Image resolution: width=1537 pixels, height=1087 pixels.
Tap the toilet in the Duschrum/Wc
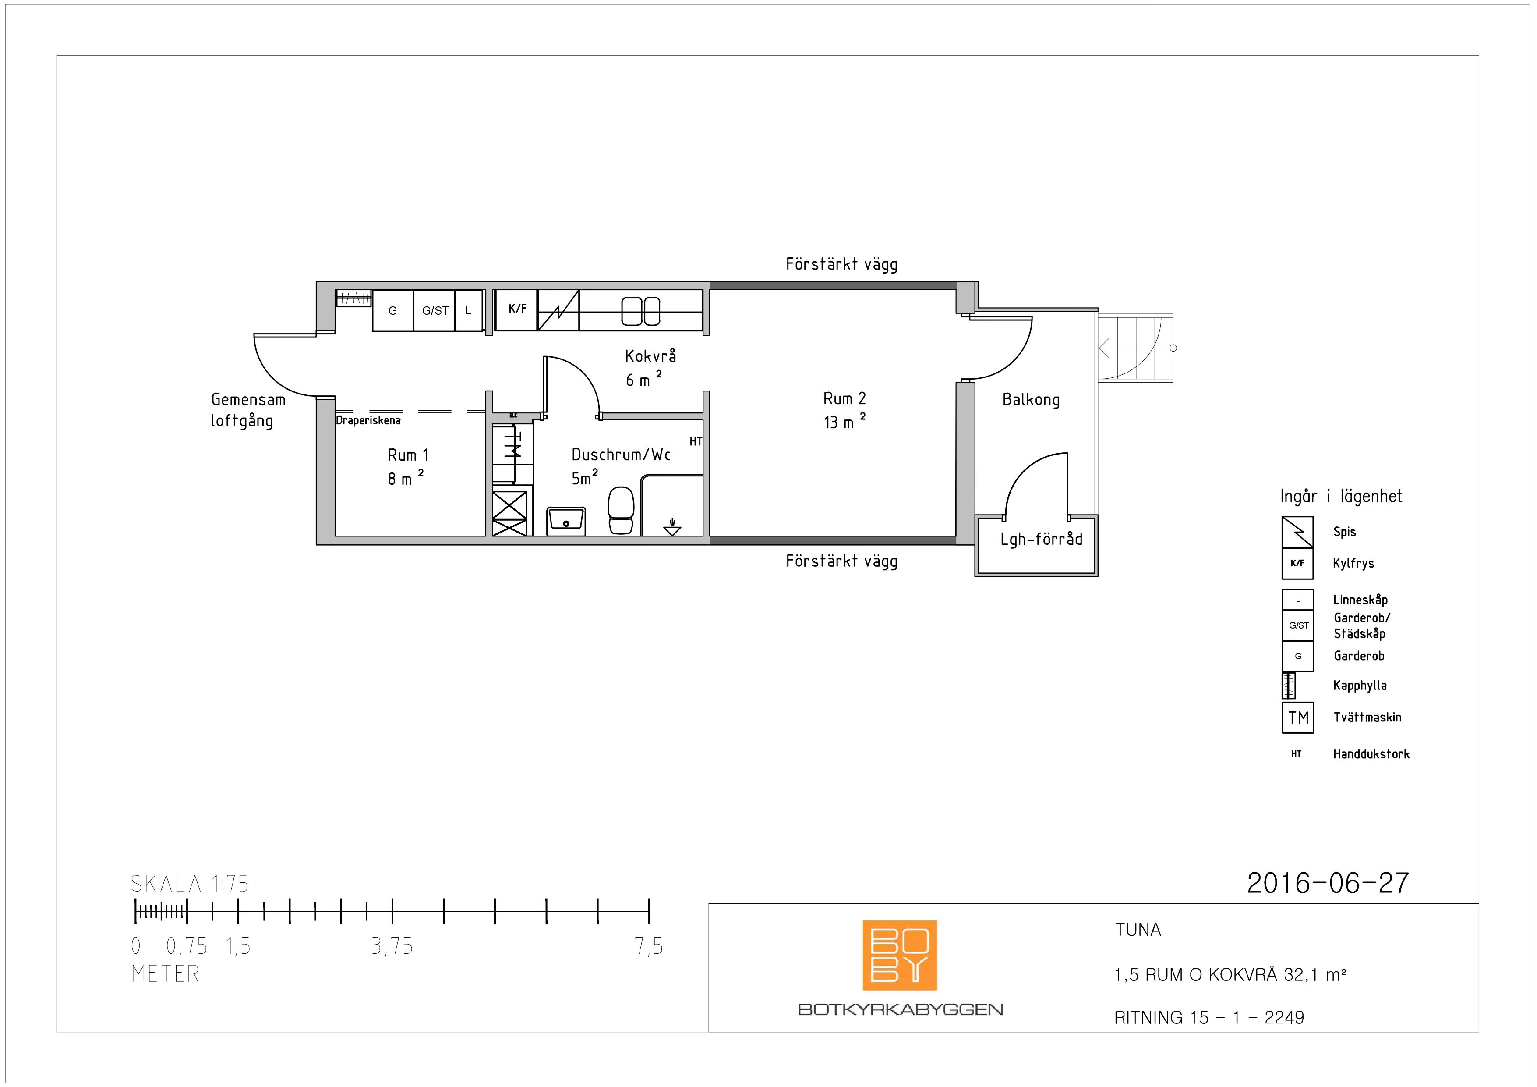click(621, 510)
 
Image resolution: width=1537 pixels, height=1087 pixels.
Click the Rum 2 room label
click(844, 398)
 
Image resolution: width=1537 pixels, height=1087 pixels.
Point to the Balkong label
click(1031, 400)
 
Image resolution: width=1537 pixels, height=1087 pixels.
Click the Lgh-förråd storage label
click(1041, 539)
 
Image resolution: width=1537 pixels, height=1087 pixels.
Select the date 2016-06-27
click(1328, 883)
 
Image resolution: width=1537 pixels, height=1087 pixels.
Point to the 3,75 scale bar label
click(392, 946)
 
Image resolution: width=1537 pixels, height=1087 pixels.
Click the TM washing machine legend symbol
click(1298, 718)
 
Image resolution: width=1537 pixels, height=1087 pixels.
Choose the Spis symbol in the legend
click(1297, 532)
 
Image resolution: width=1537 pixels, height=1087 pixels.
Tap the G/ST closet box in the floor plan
click(435, 310)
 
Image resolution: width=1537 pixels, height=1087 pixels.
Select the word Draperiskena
click(368, 421)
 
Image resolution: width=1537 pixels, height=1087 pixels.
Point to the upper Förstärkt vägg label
click(841, 265)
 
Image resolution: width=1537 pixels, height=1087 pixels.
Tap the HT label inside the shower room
click(696, 442)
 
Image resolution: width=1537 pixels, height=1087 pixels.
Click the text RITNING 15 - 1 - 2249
click(1209, 1018)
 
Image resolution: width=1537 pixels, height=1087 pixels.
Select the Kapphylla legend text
click(1360, 686)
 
